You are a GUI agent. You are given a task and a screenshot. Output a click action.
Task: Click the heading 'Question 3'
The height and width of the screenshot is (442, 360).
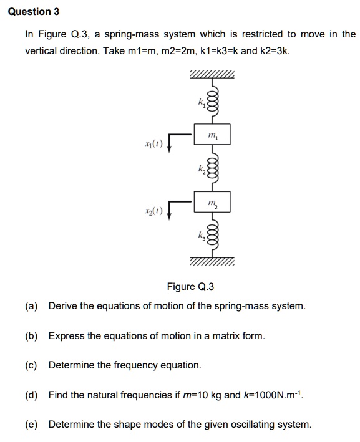tap(29, 11)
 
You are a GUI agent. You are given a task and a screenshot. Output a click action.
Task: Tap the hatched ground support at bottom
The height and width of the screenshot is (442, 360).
tap(213, 262)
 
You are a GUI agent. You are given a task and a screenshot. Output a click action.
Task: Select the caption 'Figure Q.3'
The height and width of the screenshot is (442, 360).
tap(190, 287)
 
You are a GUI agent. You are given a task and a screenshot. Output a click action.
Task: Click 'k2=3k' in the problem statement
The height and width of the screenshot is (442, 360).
tap(275, 50)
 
